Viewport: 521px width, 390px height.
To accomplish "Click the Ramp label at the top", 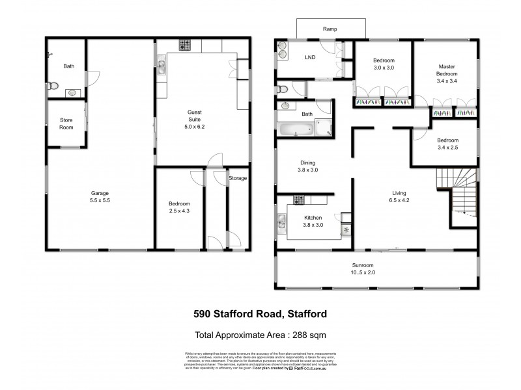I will click(328, 29).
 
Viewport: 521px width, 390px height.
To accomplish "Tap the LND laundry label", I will click(311, 57).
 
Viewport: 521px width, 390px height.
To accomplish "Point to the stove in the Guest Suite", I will click(184, 45).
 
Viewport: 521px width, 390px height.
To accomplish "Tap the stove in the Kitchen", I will click(300, 199).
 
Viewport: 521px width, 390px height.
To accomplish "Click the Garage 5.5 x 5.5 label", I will click(100, 198).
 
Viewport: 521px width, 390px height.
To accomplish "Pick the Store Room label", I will click(66, 123).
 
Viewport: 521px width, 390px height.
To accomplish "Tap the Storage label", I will click(238, 178).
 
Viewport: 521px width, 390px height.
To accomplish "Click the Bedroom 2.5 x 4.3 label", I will click(178, 207).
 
